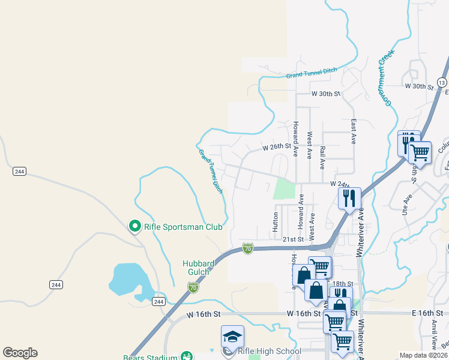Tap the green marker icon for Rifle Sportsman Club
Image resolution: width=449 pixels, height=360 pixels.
pyautogui.click(x=135, y=226)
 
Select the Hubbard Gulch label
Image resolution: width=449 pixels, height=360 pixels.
pyautogui.click(x=196, y=268)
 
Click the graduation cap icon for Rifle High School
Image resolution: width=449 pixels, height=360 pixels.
pyautogui.click(x=232, y=337)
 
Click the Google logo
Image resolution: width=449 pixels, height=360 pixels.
pyautogui.click(x=20, y=353)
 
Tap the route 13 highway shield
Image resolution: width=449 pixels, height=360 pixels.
pyautogui.click(x=442, y=82)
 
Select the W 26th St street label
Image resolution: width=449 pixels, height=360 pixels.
pyautogui.click(x=276, y=146)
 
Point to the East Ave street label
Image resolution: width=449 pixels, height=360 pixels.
pyautogui.click(x=354, y=131)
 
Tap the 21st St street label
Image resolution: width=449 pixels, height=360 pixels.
pyautogui.click(x=294, y=239)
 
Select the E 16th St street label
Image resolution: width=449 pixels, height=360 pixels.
pyautogui.click(x=427, y=313)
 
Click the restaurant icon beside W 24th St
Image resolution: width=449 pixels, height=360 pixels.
pyautogui.click(x=349, y=197)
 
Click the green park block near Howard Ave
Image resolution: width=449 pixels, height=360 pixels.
pyautogui.click(x=285, y=188)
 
